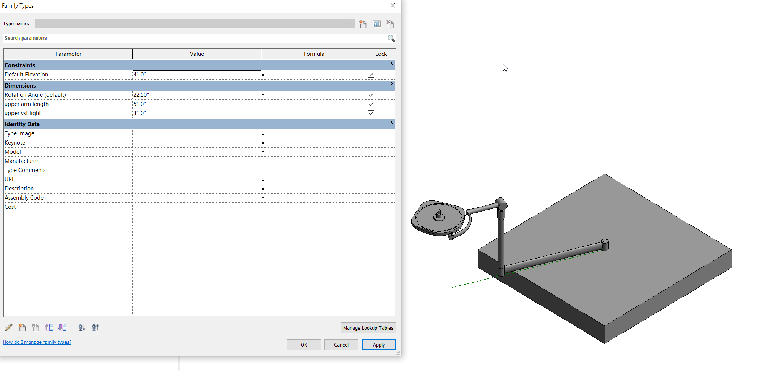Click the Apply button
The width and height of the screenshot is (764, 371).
tap(378, 345)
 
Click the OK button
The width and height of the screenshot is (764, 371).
tap(303, 345)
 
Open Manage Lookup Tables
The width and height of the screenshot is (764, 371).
tap(368, 328)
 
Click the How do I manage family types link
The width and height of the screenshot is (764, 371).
tap(37, 342)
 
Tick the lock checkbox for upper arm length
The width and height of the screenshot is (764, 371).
tap(371, 104)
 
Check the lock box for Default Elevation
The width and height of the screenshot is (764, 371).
tap(371, 75)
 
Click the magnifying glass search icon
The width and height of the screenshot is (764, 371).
tap(391, 38)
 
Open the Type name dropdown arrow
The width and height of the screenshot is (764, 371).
tap(351, 23)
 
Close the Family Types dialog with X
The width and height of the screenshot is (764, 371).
tap(393, 5)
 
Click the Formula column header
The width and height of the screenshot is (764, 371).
tap(314, 54)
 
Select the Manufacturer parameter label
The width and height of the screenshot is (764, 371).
tap(21, 161)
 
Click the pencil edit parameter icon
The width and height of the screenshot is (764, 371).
tap(9, 327)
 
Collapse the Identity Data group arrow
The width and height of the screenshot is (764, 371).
tap(391, 123)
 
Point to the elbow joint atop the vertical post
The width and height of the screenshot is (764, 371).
tap(501, 204)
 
